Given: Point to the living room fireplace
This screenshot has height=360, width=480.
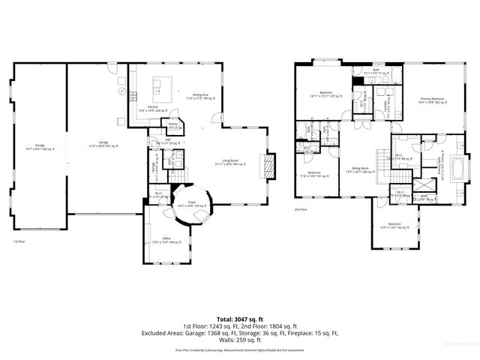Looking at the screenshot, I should click(265, 163).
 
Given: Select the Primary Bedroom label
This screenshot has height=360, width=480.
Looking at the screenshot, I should click(432, 99).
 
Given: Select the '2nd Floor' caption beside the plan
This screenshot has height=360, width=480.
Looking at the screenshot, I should click(301, 208).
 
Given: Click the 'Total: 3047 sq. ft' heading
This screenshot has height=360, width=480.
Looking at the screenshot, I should click(239, 318).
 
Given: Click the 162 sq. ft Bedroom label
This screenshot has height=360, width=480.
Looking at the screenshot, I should click(394, 226).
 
